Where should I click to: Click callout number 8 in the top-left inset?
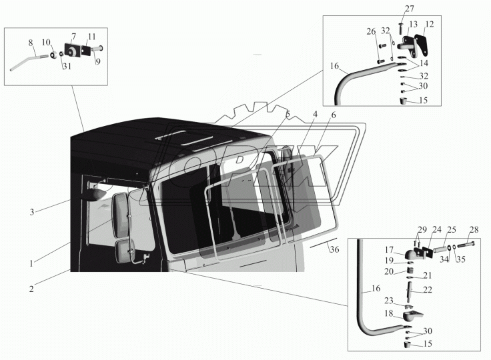pyautogui.click(x=31, y=43)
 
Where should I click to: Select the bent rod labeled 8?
pyautogui.click(x=29, y=62)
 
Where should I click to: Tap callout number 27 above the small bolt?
pyautogui.click(x=409, y=9)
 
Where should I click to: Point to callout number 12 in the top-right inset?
pyautogui.click(x=429, y=24)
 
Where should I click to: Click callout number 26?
pyautogui.click(x=371, y=31)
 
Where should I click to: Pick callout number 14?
pyautogui.click(x=424, y=63)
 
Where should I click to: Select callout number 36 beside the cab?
pyautogui.click(x=334, y=249)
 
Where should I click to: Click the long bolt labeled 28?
pyautogui.click(x=466, y=243)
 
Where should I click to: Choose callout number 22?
pyautogui.click(x=428, y=290)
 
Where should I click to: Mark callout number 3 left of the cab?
pyautogui.click(x=31, y=212)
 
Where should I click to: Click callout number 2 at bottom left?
pyautogui.click(x=31, y=289)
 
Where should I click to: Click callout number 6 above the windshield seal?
pyautogui.click(x=333, y=115)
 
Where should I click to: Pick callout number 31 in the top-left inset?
pyautogui.click(x=67, y=66)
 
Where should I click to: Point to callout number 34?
pyautogui.click(x=444, y=259)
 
